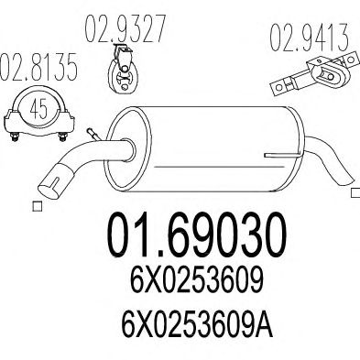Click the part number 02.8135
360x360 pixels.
click(38, 68)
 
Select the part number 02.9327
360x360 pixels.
click(125, 28)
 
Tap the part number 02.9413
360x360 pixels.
click(309, 38)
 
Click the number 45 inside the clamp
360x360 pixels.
click(39, 109)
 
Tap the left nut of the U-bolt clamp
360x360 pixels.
click(15, 136)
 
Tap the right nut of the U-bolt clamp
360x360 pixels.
click(62, 136)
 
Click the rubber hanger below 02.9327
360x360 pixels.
click(124, 69)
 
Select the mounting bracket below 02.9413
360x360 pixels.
click(314, 72)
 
